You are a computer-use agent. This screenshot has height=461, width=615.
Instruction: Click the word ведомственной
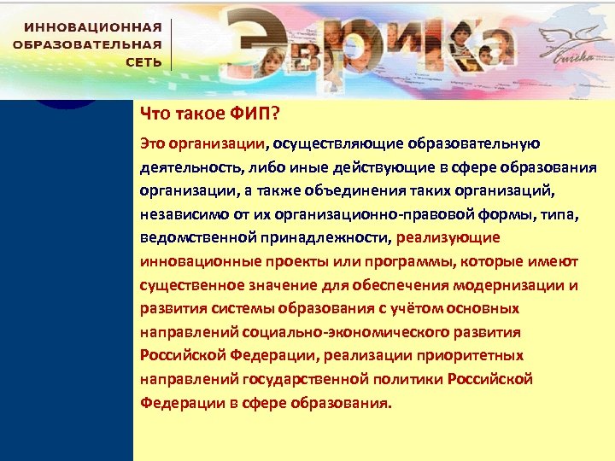pos(192,237)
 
